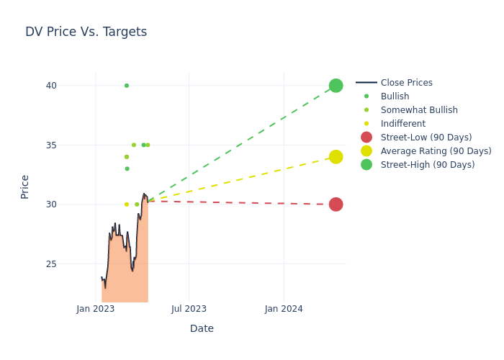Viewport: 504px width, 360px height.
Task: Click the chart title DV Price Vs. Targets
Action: (86, 32)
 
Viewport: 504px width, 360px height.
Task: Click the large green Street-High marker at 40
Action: (336, 86)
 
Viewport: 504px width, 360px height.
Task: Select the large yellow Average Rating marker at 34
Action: (336, 157)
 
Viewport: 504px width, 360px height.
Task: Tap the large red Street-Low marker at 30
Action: (336, 204)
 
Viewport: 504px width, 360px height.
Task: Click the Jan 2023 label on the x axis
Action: (96, 309)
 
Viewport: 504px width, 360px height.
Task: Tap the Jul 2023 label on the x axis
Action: (189, 309)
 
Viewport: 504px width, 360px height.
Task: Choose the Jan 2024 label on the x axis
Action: (284, 309)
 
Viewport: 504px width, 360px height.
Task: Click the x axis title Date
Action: (202, 328)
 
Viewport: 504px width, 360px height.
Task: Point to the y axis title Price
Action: (25, 186)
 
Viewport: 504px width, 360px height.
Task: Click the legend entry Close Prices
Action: (406, 83)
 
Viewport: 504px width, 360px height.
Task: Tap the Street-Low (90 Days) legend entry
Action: (426, 138)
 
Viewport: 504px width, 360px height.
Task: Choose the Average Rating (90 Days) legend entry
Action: (436, 151)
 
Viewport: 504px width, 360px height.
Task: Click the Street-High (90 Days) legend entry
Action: (428, 165)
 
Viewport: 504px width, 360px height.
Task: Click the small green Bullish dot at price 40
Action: (127, 86)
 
